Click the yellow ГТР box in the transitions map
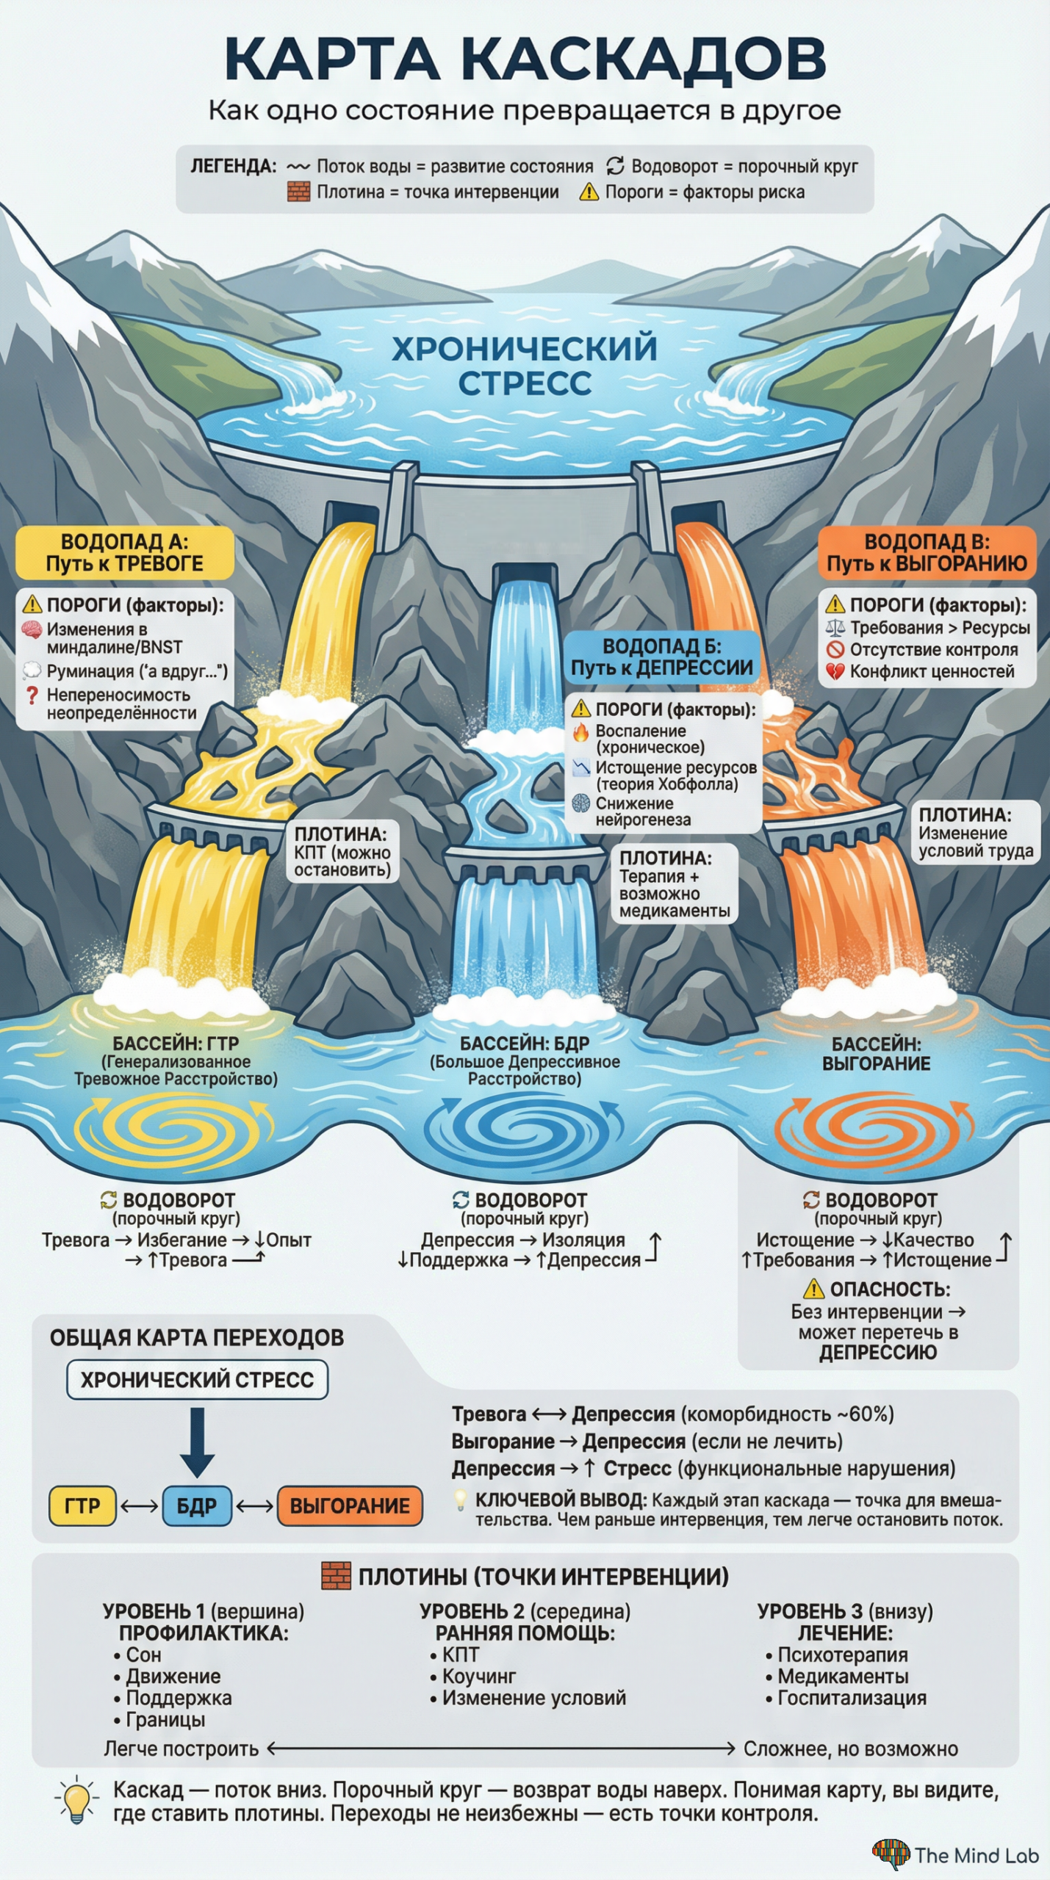tap(82, 1506)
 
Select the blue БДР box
tap(196, 1506)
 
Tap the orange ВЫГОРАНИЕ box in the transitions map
tap(350, 1506)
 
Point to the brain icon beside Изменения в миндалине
tap(32, 629)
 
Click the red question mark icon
tap(32, 695)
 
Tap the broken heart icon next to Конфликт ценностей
tap(835, 671)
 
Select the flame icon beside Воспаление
tap(580, 731)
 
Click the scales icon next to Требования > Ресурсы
tap(835, 628)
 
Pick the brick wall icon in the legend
tap(298, 192)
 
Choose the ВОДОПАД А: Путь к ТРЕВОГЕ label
tap(125, 553)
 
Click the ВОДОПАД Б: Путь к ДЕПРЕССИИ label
tap(661, 657)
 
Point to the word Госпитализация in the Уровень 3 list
tap(852, 1698)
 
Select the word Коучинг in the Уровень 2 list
tap(478, 1677)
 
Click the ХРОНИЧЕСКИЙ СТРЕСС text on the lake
tap(525, 366)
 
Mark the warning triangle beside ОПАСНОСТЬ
tap(813, 1290)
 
